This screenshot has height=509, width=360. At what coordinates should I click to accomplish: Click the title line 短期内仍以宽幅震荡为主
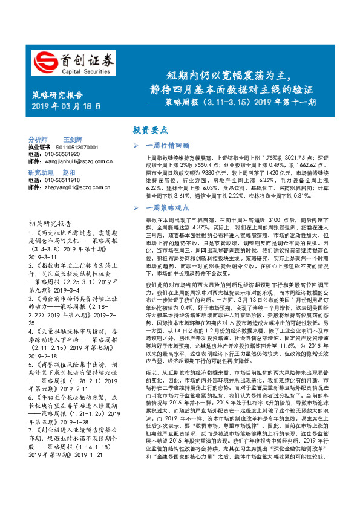tap(225, 77)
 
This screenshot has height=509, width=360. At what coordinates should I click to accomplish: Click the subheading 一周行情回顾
tap(168, 146)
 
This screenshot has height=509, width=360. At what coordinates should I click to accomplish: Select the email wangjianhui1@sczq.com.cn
tap(79, 161)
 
